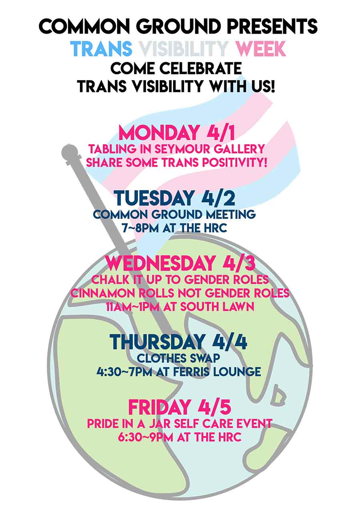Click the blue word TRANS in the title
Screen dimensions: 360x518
[101, 48]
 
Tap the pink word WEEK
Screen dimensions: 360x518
[260, 48]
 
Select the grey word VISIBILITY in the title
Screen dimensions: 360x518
[184, 48]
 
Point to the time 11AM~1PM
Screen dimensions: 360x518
[133, 307]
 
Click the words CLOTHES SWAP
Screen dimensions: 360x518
[178, 359]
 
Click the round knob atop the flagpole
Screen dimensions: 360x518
[69, 151]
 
